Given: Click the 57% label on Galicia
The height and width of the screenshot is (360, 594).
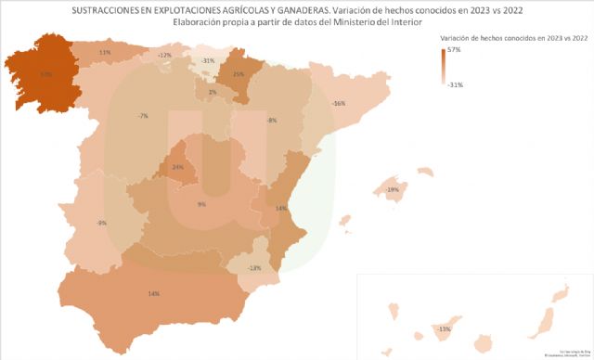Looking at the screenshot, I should [x=45, y=73].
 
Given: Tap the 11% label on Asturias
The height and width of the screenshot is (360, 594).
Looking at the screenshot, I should [x=105, y=53].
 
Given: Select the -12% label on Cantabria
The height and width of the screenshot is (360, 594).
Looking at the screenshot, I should [x=164, y=56].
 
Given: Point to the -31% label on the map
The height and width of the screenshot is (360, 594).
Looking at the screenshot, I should [x=209, y=61].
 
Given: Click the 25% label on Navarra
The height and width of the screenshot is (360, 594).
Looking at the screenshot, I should [x=239, y=74].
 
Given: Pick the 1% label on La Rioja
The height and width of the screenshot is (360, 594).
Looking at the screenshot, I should [x=213, y=92].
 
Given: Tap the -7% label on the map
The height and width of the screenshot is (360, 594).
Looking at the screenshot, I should [x=142, y=116].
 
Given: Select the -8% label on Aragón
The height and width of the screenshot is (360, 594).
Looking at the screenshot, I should [x=272, y=122].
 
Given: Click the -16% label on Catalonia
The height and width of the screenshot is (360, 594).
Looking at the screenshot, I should [x=339, y=103].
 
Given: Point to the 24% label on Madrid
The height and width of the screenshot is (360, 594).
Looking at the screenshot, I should [x=178, y=168].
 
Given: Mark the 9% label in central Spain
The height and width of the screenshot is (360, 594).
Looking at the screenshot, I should [x=201, y=204].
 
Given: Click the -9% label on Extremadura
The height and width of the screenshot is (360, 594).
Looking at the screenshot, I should [x=101, y=224].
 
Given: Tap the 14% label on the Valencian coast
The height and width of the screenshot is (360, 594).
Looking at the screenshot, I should [x=280, y=209].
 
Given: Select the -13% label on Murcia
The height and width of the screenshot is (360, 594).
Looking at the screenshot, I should [x=254, y=268].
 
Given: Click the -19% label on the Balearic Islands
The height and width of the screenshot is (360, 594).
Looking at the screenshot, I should [x=393, y=190].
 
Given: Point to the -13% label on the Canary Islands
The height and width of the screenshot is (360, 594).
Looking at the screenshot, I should [x=444, y=328].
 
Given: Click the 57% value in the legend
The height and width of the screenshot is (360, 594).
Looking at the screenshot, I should [x=455, y=50].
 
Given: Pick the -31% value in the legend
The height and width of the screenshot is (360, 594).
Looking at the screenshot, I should [x=456, y=84].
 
